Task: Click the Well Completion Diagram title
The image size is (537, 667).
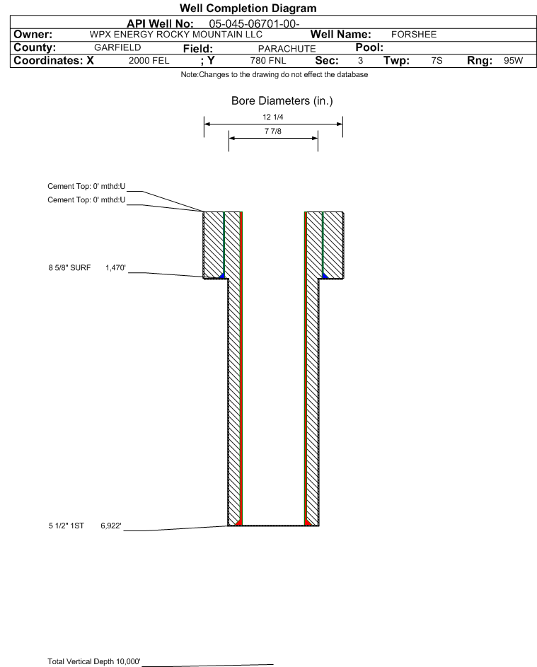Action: click(x=248, y=8)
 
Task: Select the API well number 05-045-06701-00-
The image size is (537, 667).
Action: click(x=254, y=24)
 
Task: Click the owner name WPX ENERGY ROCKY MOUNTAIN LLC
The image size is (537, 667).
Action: click(x=175, y=35)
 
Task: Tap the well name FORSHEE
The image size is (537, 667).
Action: click(x=414, y=35)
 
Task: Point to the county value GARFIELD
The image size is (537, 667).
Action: click(x=117, y=47)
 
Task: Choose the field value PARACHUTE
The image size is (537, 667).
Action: click(x=287, y=49)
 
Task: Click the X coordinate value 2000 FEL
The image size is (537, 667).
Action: click(x=149, y=61)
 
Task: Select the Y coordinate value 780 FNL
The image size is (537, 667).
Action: click(x=268, y=61)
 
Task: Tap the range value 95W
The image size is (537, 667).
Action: click(x=513, y=61)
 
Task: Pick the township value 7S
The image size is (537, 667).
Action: click(x=437, y=61)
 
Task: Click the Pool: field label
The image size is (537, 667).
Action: click(x=369, y=47)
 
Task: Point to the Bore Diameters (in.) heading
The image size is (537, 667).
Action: click(x=282, y=101)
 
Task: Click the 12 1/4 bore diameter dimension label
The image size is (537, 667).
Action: click(x=273, y=117)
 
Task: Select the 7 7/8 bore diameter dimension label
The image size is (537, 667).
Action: click(x=273, y=131)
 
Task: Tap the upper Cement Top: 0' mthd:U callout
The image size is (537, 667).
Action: click(x=86, y=186)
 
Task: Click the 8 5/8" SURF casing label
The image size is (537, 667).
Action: click(x=69, y=267)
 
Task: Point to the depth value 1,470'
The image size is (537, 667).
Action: click(x=116, y=267)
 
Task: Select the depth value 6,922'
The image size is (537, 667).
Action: click(x=111, y=526)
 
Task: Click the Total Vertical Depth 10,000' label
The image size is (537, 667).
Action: click(x=94, y=661)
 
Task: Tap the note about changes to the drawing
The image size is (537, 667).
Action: click(x=275, y=75)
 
